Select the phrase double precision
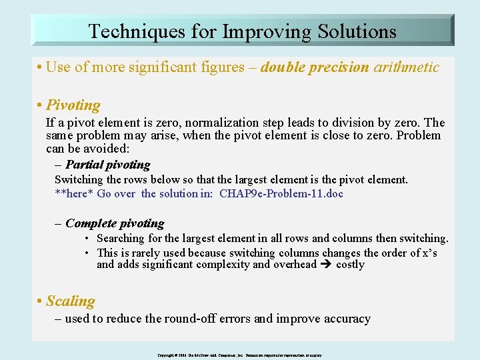(x=315, y=67)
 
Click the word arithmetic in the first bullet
(x=406, y=67)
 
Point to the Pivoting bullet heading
(x=73, y=105)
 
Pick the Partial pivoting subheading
(x=107, y=165)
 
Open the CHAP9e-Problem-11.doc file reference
(x=282, y=194)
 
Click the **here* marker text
(x=74, y=194)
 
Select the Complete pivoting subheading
(x=114, y=223)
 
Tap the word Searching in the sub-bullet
(x=120, y=239)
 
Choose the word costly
(x=351, y=265)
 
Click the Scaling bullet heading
(x=70, y=301)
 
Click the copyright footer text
(x=240, y=355)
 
